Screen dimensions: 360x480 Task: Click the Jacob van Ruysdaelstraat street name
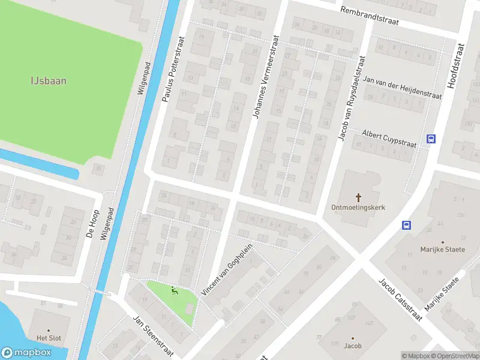(351, 99)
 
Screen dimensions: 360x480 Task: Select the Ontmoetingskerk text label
(358, 207)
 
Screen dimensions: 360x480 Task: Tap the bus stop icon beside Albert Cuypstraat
(431, 139)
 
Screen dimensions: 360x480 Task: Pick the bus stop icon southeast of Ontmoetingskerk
(406, 226)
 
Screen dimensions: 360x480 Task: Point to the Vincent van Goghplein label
(227, 270)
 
